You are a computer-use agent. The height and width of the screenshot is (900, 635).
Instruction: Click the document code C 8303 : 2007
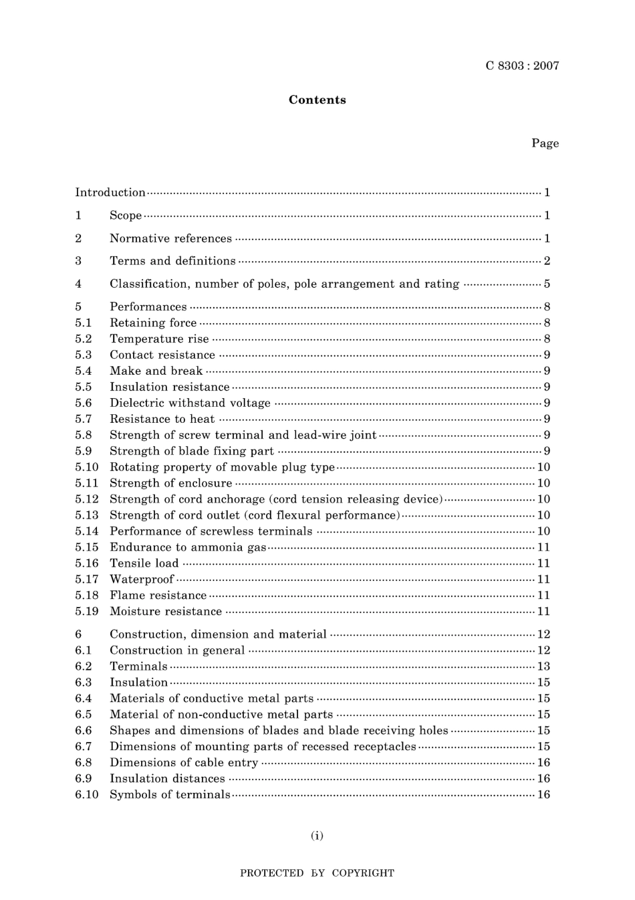coord(522,66)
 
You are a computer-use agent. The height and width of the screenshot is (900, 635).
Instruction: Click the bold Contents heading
coord(317,100)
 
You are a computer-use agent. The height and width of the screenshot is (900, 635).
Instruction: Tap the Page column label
coord(545,143)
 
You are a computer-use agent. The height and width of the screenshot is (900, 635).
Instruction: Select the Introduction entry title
coord(110,193)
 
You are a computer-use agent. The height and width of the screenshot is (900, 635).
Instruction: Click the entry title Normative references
coord(170,238)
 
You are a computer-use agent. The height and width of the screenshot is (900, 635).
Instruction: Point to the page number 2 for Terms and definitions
coord(547,261)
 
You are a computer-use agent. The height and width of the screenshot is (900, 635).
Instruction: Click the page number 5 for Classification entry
coord(547,284)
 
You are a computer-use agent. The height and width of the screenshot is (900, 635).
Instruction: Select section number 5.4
coord(84,371)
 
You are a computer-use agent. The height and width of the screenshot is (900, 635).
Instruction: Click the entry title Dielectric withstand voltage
coord(190,403)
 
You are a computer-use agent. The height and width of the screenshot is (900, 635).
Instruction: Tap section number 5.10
coord(87,467)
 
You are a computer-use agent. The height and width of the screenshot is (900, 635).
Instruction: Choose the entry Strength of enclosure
coord(170,483)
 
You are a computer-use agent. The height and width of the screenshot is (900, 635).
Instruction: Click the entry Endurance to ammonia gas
coord(188,547)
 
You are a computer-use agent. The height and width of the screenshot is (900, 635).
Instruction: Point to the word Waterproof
coord(142,579)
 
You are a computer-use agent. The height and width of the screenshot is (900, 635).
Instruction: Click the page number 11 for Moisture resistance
coord(543,612)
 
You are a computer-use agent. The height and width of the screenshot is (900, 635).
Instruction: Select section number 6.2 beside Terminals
coord(84,666)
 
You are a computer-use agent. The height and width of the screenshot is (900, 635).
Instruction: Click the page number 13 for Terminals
coord(543,666)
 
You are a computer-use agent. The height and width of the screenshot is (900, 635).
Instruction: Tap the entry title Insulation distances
coord(167,779)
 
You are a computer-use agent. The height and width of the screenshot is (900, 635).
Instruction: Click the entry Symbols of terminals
coord(170,795)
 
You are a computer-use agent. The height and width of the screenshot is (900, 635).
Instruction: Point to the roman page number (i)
coord(317,835)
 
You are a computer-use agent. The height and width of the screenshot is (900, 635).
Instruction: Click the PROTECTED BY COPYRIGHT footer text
coord(317,873)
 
